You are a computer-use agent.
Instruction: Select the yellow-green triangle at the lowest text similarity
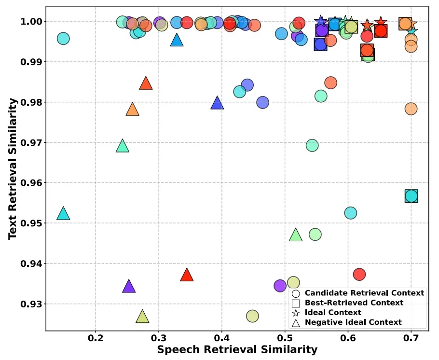click(x=142, y=317)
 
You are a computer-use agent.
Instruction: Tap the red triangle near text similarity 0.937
click(x=187, y=276)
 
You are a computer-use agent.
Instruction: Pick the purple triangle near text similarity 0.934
click(x=129, y=287)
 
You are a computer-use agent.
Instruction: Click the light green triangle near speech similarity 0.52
click(x=296, y=235)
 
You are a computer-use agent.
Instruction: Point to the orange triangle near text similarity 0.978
click(x=132, y=110)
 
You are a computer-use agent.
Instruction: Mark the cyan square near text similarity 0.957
click(x=411, y=196)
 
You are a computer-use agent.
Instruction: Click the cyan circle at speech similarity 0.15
click(x=63, y=38)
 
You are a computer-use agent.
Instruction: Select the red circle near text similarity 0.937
click(x=359, y=274)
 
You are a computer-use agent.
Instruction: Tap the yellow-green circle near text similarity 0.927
click(x=252, y=316)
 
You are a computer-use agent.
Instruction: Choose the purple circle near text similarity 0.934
click(x=280, y=286)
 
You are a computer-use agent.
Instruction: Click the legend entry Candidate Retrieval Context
click(x=364, y=293)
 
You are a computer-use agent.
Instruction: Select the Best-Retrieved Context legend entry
click(x=354, y=303)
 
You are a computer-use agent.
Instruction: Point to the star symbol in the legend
click(x=296, y=313)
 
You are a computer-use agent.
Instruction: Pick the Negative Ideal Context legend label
click(x=353, y=322)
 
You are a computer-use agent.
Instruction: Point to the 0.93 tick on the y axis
click(x=31, y=304)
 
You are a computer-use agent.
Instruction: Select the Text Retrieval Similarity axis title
click(x=13, y=168)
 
